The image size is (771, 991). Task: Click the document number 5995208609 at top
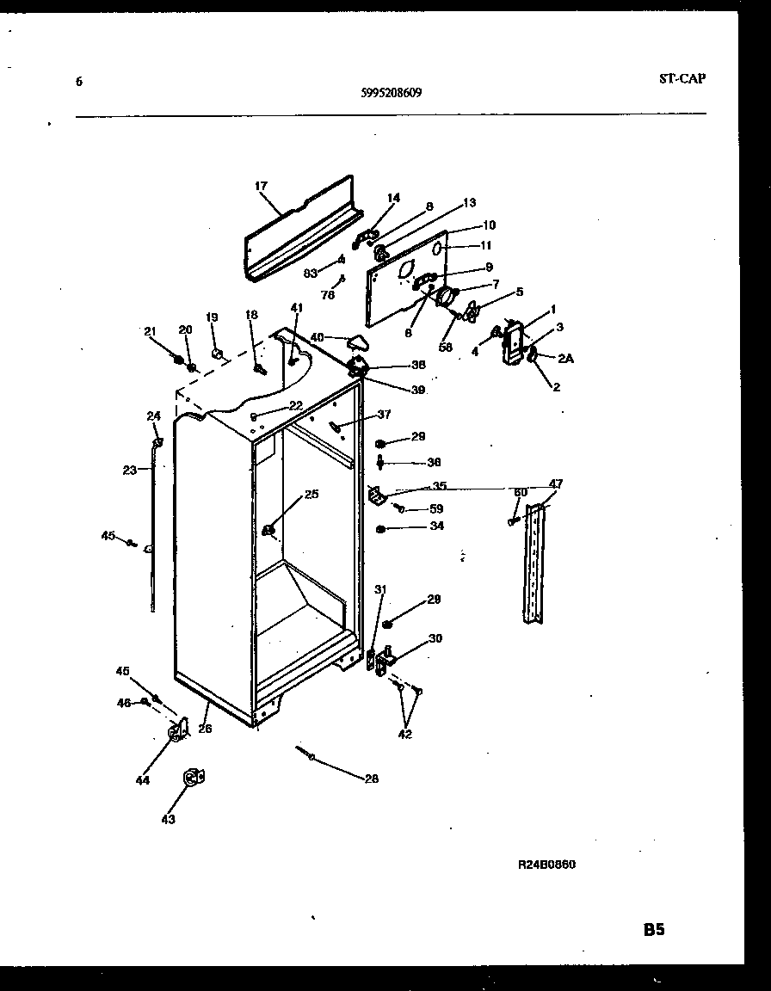click(x=392, y=95)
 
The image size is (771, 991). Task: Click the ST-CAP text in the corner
click(x=682, y=78)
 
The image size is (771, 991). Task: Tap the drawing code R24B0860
click(x=546, y=865)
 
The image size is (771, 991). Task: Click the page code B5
click(x=653, y=929)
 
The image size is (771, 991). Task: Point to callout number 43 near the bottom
click(x=168, y=820)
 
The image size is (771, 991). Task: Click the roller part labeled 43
click(x=193, y=777)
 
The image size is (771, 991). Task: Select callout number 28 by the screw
click(x=371, y=779)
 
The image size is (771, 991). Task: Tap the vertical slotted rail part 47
click(x=535, y=563)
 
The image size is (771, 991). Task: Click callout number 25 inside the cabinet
click(x=311, y=494)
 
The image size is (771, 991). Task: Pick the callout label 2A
click(x=564, y=358)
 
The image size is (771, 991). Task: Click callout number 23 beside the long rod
click(x=129, y=471)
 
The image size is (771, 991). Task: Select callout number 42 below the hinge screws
click(x=404, y=734)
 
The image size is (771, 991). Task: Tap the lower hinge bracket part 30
click(x=384, y=658)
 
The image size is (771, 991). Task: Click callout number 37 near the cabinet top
click(x=383, y=415)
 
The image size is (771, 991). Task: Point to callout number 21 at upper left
click(x=150, y=331)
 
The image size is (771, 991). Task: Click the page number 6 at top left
click(x=79, y=82)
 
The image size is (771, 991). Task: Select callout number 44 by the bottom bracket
click(x=142, y=780)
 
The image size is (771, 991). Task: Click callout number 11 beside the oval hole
click(x=487, y=245)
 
